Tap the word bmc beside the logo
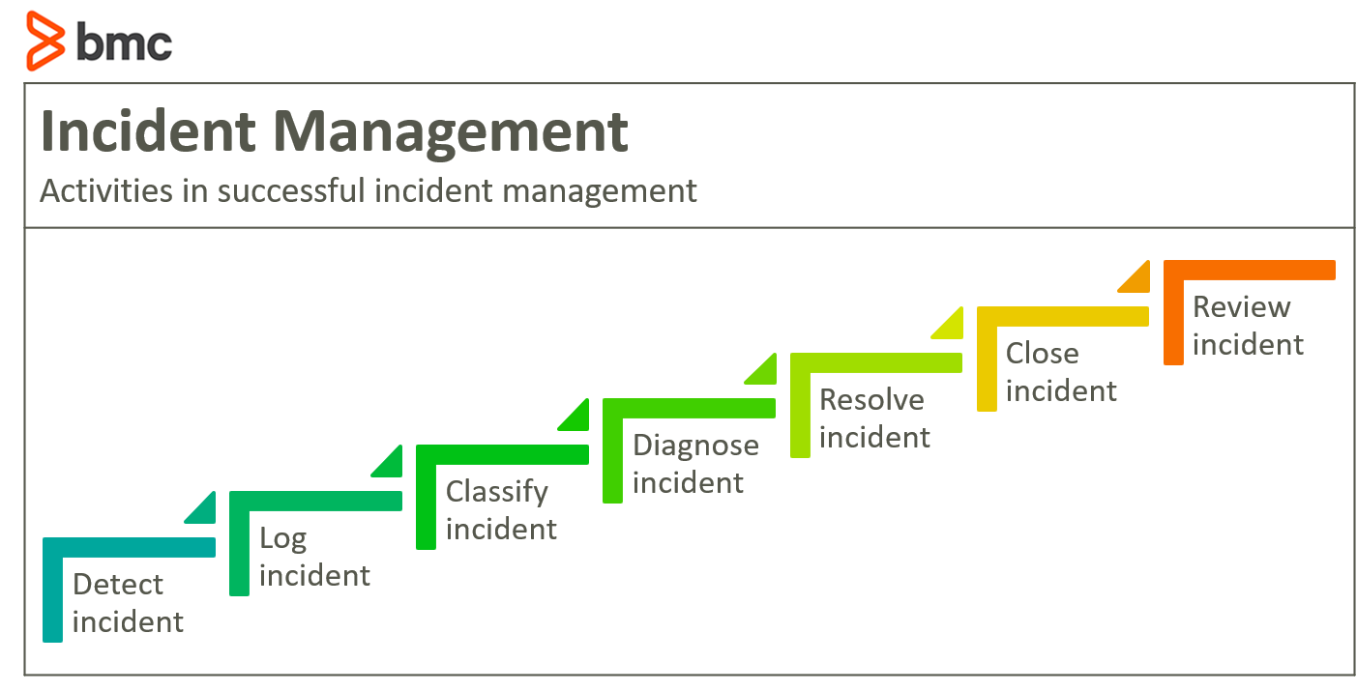(124, 42)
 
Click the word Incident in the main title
(148, 130)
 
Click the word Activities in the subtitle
(106, 190)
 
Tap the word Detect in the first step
(118, 585)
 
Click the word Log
(283, 539)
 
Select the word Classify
(497, 493)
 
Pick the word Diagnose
(695, 446)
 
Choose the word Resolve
(871, 400)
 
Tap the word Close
(1043, 354)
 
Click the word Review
(1241, 306)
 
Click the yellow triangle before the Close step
(952, 328)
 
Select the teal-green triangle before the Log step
(205, 512)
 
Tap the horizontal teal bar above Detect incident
(129, 548)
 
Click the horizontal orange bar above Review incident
(1250, 270)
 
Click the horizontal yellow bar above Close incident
(1063, 316)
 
